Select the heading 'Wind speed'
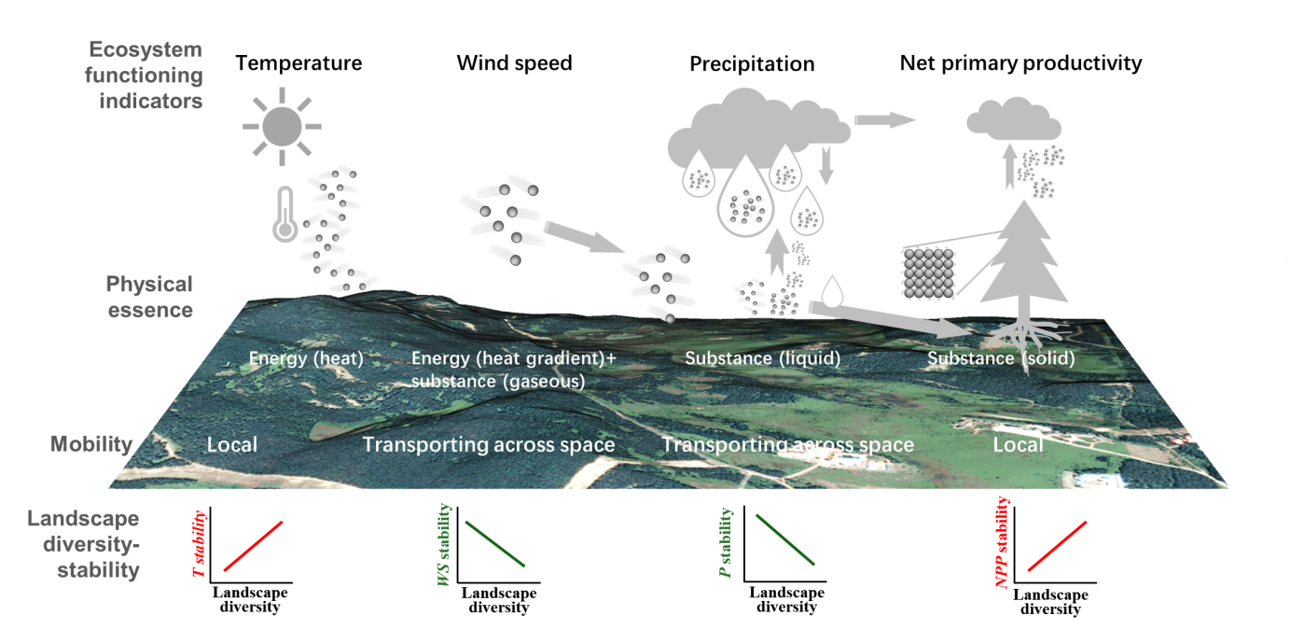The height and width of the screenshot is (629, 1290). [514, 63]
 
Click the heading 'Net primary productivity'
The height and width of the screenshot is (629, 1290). [1020, 63]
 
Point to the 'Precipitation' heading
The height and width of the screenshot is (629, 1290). [752, 64]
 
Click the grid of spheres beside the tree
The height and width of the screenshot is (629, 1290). [930, 273]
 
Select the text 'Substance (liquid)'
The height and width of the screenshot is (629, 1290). [763, 358]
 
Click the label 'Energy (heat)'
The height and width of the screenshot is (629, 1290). [306, 358]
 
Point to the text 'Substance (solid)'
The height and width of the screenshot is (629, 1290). [1001, 358]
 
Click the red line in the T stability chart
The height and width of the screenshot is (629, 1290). [253, 546]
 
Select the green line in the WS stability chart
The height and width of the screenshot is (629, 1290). [494, 542]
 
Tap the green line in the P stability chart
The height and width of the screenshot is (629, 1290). [785, 539]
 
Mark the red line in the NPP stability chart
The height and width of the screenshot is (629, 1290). [1058, 546]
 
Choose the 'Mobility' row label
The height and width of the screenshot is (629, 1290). [91, 444]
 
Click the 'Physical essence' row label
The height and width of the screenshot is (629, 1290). [149, 296]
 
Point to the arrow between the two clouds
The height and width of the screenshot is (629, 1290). [884, 119]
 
